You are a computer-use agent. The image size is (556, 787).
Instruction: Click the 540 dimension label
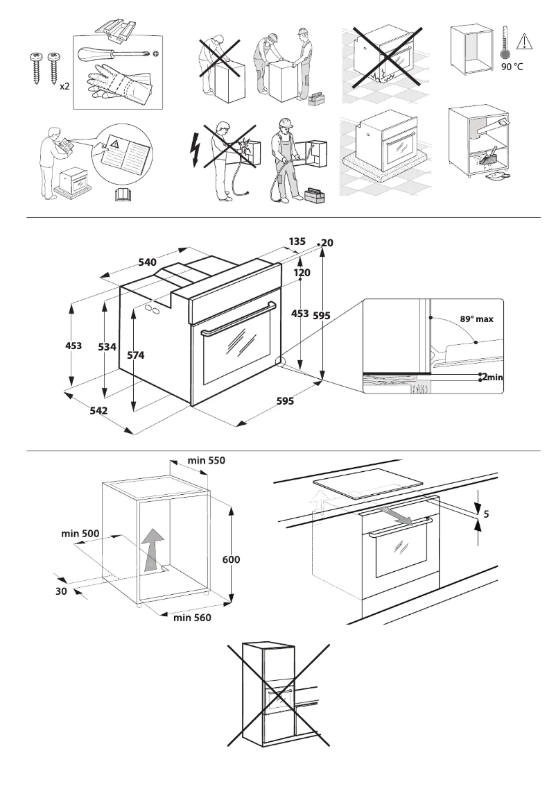(x=147, y=262)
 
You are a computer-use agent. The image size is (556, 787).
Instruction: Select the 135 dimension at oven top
(x=297, y=242)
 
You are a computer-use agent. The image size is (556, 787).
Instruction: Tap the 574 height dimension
(x=136, y=355)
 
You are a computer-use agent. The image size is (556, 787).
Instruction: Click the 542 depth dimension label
(x=98, y=411)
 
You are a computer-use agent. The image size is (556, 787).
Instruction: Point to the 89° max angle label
(x=476, y=319)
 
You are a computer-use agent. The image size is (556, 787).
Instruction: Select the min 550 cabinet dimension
(x=206, y=460)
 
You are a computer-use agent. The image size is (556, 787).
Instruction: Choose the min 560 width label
(x=192, y=617)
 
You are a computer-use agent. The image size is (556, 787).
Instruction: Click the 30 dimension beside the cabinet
(x=62, y=591)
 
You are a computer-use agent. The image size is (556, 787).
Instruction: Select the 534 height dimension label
(x=107, y=347)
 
